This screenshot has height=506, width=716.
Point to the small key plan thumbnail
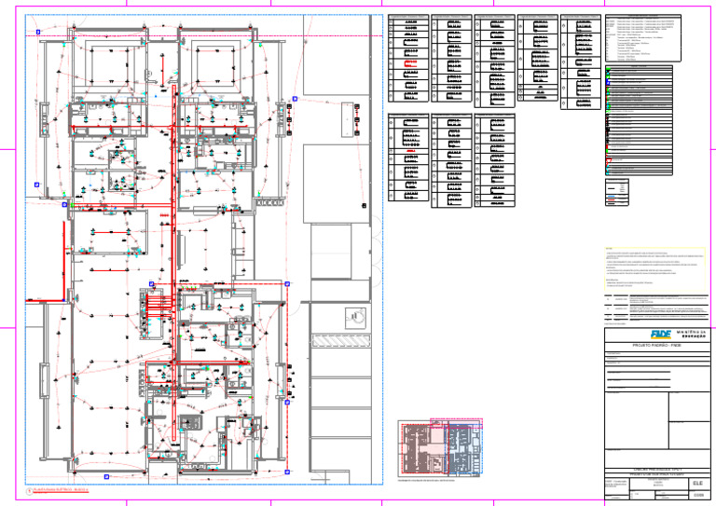(437, 448)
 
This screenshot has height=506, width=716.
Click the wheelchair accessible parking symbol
(353, 318)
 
